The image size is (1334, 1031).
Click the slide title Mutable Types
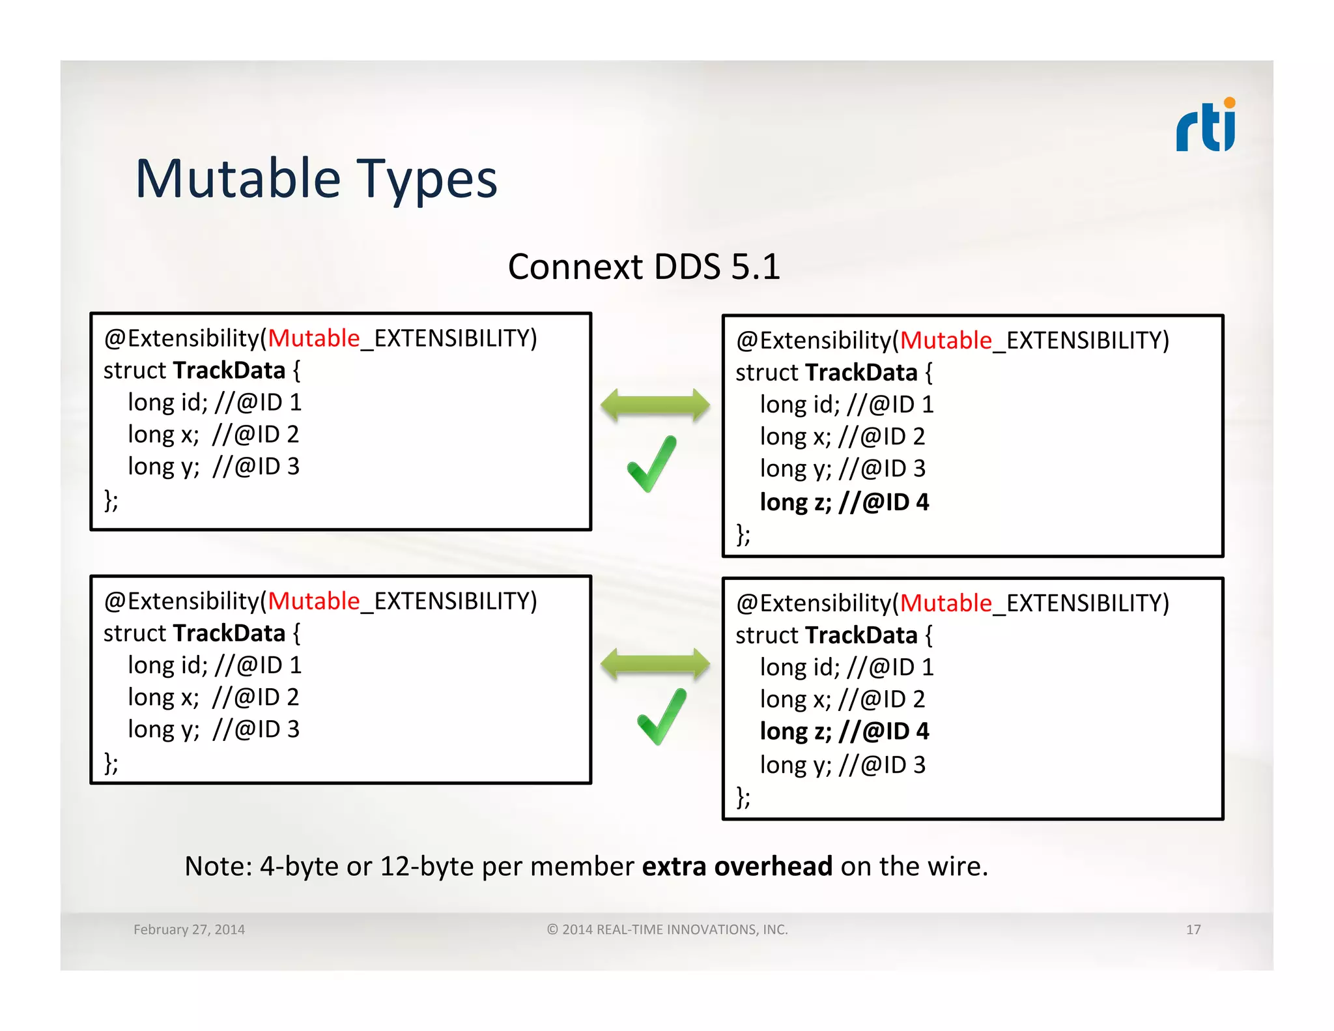tap(316, 179)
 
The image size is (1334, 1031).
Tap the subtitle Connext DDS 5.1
tap(644, 267)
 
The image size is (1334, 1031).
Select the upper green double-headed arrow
tap(655, 405)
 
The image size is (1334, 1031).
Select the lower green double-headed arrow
tap(655, 665)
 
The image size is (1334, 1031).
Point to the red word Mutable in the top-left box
tap(314, 338)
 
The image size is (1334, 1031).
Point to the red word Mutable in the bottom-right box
tap(946, 603)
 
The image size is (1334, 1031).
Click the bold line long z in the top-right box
tap(844, 502)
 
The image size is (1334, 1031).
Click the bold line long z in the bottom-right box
tap(844, 731)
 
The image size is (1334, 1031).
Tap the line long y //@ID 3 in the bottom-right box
tap(842, 764)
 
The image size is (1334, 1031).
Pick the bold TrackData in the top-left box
tap(229, 370)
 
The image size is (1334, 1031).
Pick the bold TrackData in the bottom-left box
tap(229, 633)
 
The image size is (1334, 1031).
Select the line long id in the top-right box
tap(846, 405)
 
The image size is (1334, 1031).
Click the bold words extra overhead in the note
tap(737, 866)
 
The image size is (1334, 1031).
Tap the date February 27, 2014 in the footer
tap(189, 929)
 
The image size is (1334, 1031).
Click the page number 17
tap(1193, 929)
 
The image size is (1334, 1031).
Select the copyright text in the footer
tap(667, 929)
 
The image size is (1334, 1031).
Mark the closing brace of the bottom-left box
tap(111, 762)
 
